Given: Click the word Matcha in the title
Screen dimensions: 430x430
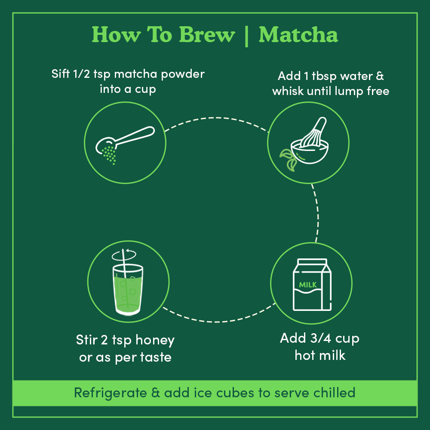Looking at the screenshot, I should point(298,35).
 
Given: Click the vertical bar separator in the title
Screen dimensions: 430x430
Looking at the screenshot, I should point(246,35).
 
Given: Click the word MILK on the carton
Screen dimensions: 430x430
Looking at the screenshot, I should point(308,285).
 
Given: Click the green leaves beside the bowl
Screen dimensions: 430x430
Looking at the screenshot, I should point(288,160).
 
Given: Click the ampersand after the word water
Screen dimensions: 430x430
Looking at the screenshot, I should point(380,77).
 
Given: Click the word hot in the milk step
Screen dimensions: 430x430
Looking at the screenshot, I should point(305,355).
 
